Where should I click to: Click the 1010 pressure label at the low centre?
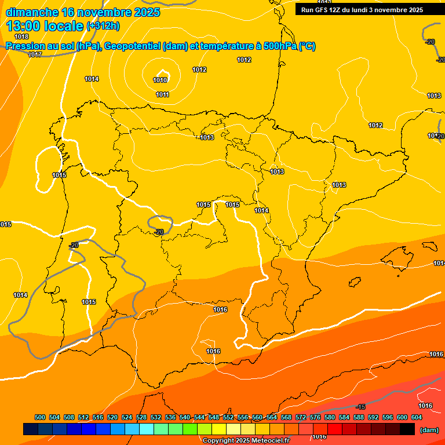pyautogui.click(x=161, y=80)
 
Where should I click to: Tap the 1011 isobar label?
pyautogui.click(x=162, y=94)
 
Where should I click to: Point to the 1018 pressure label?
pyautogui.click(x=21, y=37)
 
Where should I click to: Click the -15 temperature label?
pyautogui.click(x=360, y=407)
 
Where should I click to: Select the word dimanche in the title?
pyautogui.click(x=32, y=12)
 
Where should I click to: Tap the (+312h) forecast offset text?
pyautogui.click(x=103, y=26)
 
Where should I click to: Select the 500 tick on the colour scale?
pyautogui.click(x=40, y=417)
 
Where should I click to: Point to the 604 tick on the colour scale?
pyautogui.click(x=417, y=417)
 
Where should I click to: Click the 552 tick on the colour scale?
pyautogui.click(x=228, y=417)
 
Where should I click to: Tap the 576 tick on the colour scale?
pyautogui.click(x=315, y=417)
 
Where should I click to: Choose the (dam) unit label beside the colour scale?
pyautogui.click(x=429, y=430)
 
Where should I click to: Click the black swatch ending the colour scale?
pyautogui.click(x=407, y=429)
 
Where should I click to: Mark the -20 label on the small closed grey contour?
pyautogui.click(x=159, y=232)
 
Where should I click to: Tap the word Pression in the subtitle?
pyautogui.click(x=24, y=46)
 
